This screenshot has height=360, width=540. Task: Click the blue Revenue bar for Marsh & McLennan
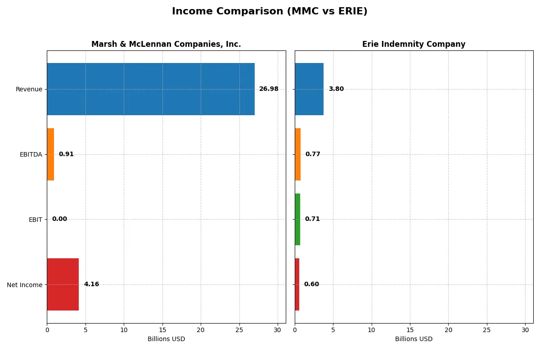[x=151, y=89]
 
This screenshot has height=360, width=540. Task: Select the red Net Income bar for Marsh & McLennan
[x=63, y=284]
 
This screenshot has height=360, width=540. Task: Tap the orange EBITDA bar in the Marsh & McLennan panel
[x=50, y=154]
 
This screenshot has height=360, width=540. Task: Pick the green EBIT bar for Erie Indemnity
[x=297, y=220]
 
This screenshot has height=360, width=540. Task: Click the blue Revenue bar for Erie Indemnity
[x=309, y=89]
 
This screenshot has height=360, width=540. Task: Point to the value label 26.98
[x=269, y=89]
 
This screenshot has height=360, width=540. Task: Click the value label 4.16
[x=91, y=284]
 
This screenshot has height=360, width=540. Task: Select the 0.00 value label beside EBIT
[x=59, y=219]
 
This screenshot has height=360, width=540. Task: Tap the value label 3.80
[x=336, y=89]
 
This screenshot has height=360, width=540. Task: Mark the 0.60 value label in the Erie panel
[x=311, y=284]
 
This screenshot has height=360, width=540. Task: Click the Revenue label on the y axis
[x=29, y=89]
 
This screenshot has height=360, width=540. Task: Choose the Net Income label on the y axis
[x=25, y=285]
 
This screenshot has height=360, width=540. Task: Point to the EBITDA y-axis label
[x=31, y=154]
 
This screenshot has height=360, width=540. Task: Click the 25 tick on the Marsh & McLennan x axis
[x=239, y=330]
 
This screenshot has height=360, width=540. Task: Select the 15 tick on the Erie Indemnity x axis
[x=410, y=330]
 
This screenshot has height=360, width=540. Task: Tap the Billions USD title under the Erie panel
[x=414, y=339]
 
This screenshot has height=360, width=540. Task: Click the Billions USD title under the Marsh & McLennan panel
[x=166, y=339]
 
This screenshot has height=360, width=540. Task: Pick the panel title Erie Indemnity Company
[x=414, y=44]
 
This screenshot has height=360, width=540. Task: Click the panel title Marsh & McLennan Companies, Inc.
[x=166, y=44]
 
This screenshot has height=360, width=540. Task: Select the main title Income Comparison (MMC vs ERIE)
[x=270, y=12]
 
